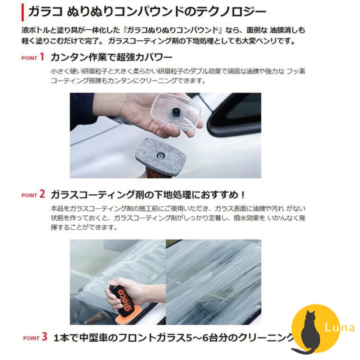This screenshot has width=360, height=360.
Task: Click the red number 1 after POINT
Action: click(42, 57)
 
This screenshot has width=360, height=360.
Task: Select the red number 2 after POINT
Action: click(42, 194)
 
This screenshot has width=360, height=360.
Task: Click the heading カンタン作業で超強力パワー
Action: click(111, 57)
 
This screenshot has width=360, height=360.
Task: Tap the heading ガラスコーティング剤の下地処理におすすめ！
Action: click(148, 195)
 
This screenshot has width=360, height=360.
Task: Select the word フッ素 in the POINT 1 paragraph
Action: click(296, 72)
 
